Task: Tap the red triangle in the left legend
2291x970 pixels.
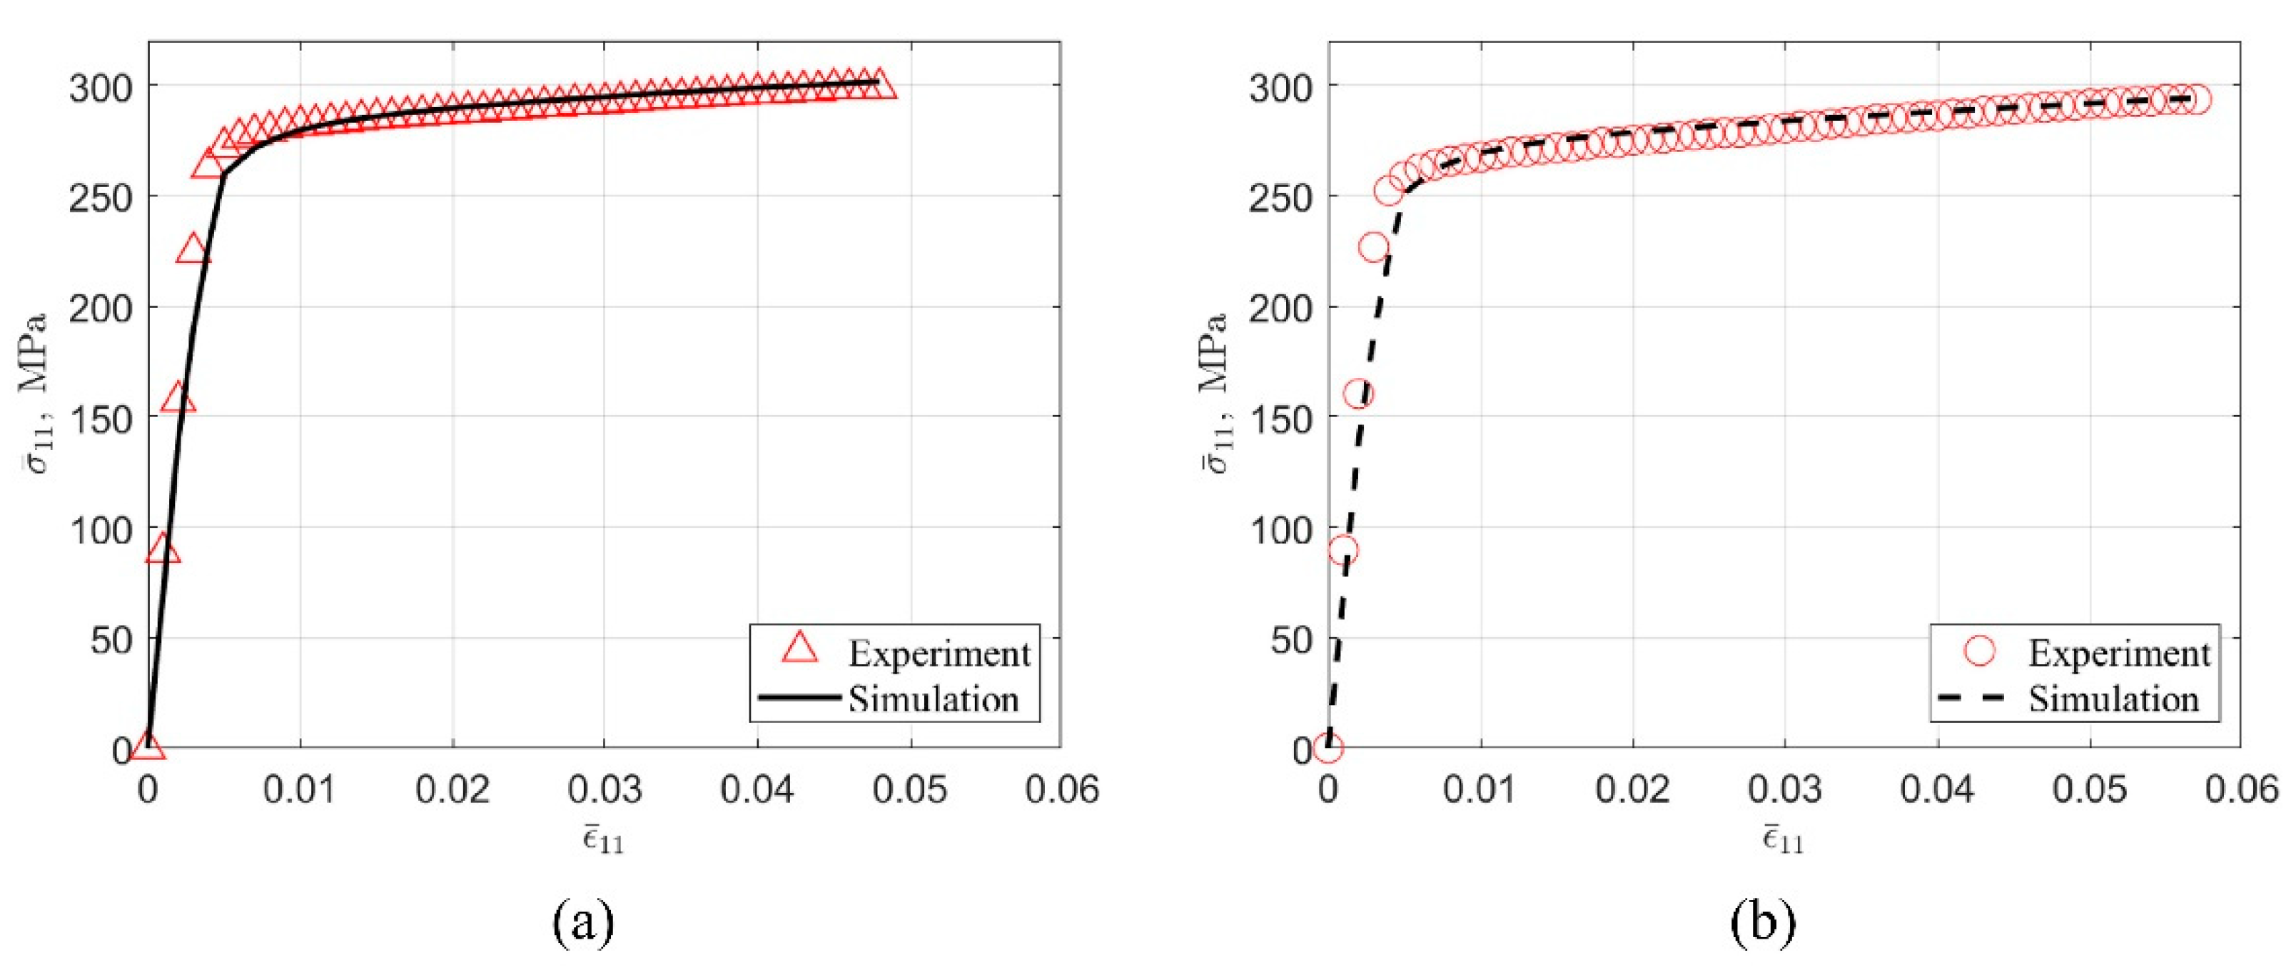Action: (x=799, y=648)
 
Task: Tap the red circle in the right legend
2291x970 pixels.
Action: (x=1980, y=651)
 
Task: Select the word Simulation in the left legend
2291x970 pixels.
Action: (x=933, y=699)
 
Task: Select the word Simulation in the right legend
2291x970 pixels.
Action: (x=2113, y=699)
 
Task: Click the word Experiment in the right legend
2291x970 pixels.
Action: (x=2119, y=654)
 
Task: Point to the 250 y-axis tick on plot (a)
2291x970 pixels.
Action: (x=101, y=196)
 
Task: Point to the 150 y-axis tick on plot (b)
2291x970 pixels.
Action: (x=1280, y=417)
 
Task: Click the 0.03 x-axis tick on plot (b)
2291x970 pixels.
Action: (x=1784, y=789)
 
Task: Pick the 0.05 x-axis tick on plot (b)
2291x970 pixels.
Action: (x=2089, y=789)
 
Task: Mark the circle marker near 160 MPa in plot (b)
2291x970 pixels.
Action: (x=1358, y=394)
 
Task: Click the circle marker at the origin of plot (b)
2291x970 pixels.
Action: (x=1327, y=749)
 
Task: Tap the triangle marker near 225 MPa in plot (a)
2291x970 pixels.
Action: (x=193, y=251)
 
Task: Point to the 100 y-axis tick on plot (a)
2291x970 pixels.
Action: (x=101, y=529)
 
